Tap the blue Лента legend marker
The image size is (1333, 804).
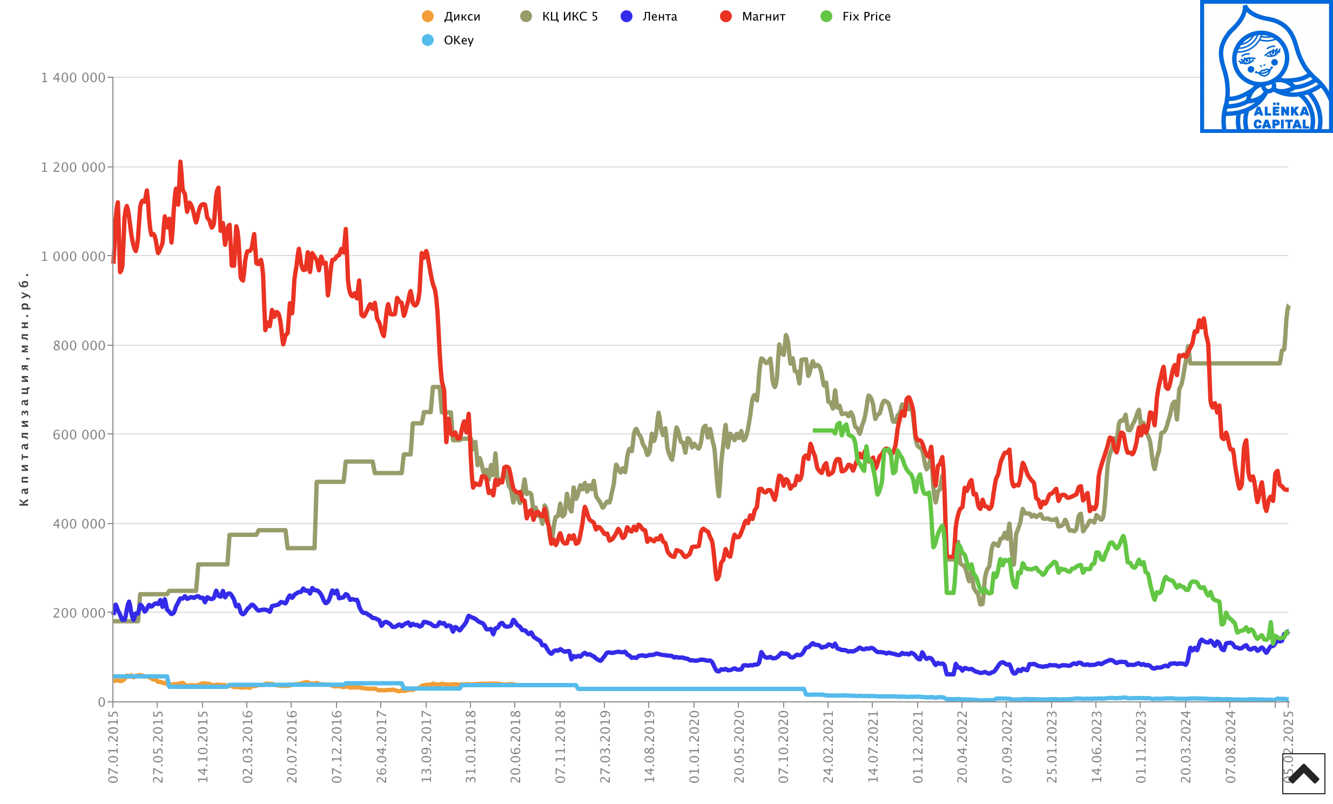(627, 16)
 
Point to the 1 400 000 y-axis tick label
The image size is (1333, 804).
(73, 78)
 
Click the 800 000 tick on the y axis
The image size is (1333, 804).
(79, 346)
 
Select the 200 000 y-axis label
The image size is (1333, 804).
(79, 613)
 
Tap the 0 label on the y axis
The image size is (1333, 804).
(101, 702)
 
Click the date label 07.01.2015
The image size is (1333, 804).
(113, 747)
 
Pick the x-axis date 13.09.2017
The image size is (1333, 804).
(426, 747)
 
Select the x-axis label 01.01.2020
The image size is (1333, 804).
(694, 747)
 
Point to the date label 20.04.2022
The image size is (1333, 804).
(962, 747)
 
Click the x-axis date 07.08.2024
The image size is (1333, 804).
(1230, 747)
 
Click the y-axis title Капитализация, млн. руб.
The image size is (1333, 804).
(24, 390)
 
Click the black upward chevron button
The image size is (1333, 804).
(1303, 774)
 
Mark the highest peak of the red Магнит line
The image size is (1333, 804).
(180, 162)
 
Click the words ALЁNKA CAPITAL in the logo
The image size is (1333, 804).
(1281, 117)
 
